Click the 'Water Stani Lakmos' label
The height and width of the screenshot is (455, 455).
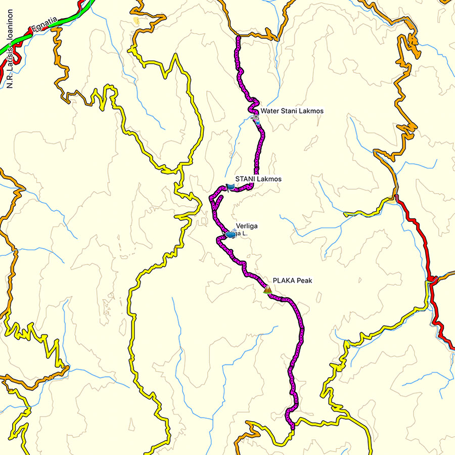coord(292,111)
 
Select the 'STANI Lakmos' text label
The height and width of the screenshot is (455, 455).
coord(258,179)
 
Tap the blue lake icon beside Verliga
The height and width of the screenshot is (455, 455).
coord(231,234)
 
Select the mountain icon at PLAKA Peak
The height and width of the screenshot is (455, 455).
coord(267,290)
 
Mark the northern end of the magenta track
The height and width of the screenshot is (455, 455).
coord(238,38)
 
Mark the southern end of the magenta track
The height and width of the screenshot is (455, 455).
coord(292,428)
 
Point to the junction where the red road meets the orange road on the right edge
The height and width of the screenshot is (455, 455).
coord(431,279)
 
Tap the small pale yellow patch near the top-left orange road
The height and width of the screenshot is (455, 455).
coord(135,21)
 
